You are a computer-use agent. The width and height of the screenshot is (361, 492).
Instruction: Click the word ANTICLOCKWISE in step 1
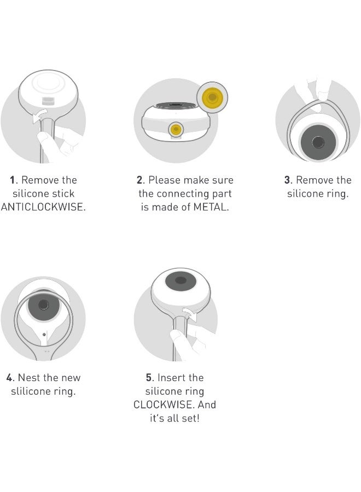click(43, 207)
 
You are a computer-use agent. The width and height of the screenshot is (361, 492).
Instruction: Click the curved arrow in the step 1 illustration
click(39, 115)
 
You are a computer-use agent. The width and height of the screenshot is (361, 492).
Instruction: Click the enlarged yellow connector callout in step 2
click(212, 97)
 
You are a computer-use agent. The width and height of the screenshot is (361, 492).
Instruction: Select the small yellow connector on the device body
click(176, 129)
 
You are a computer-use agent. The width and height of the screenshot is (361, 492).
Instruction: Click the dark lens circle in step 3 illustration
click(318, 142)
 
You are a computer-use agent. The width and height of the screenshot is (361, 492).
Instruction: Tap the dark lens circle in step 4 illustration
click(43, 304)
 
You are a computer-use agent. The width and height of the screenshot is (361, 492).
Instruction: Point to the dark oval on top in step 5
click(180, 280)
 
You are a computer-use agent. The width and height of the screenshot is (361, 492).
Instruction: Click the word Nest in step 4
click(29, 377)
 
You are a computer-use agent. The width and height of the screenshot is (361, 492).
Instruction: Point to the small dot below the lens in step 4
click(44, 335)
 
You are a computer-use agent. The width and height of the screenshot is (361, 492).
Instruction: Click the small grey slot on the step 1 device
click(48, 101)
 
